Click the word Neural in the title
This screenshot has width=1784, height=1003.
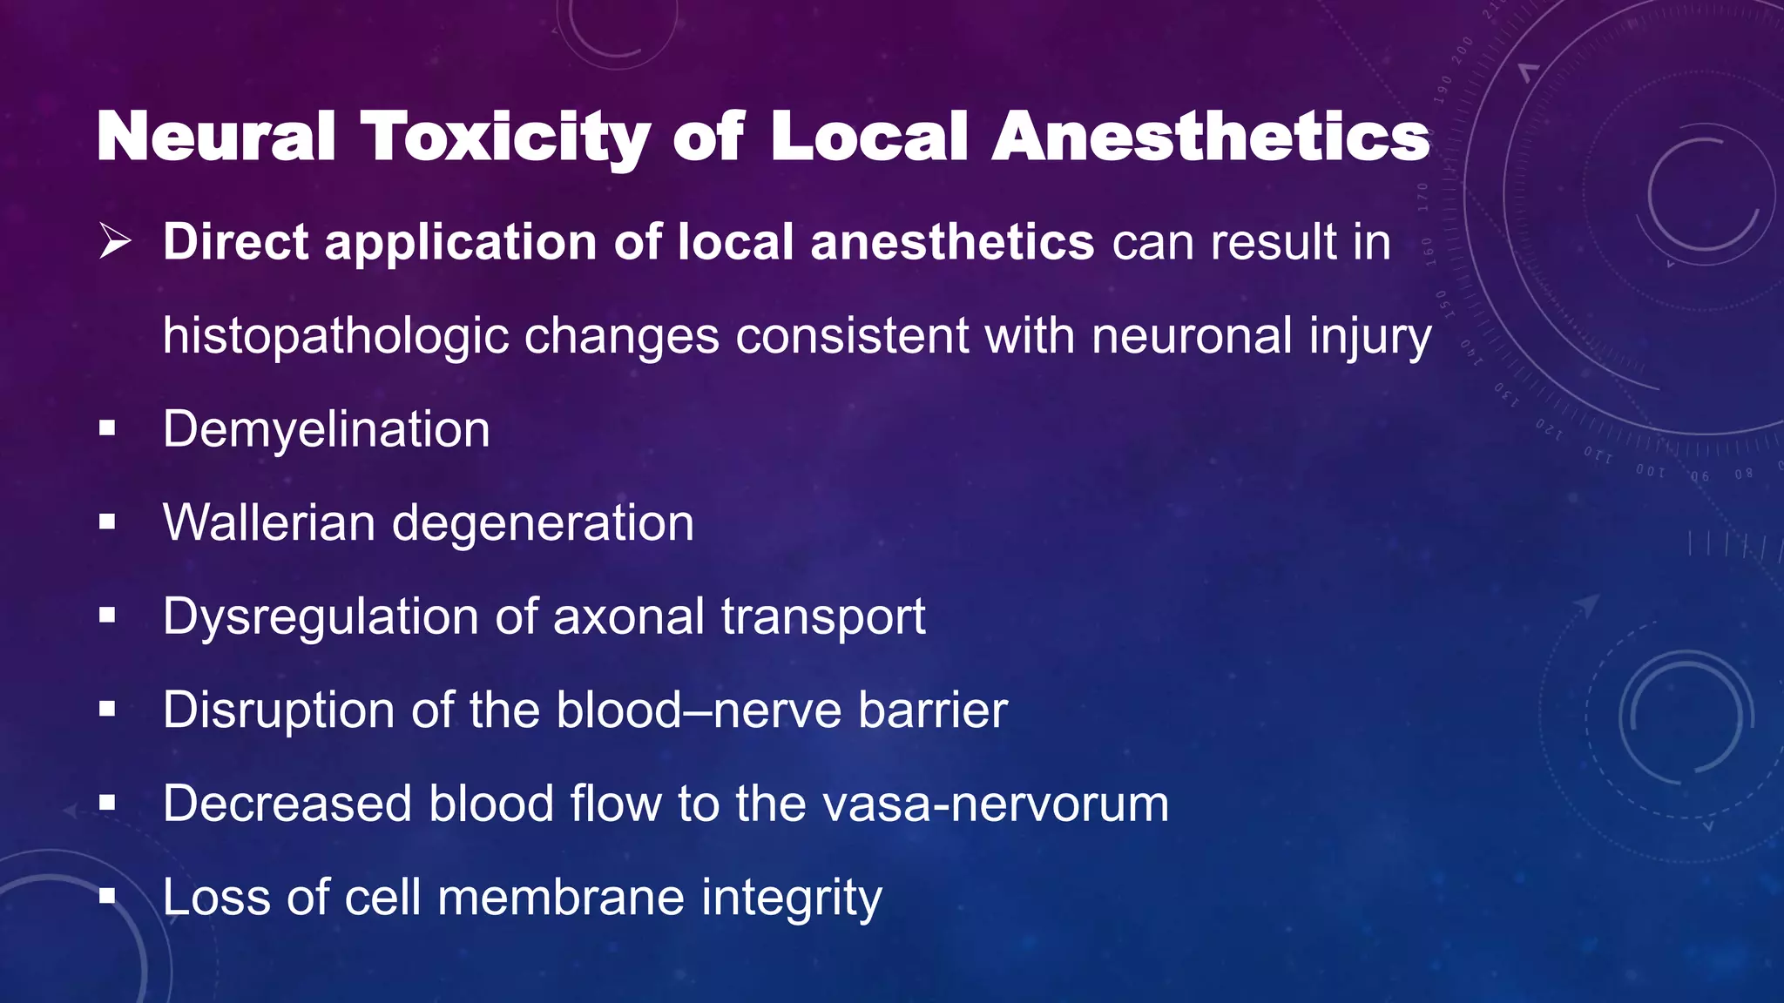click(216, 137)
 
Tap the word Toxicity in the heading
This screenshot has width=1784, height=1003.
click(505, 137)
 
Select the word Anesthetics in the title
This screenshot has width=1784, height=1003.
click(1211, 137)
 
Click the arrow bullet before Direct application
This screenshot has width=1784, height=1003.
click(115, 241)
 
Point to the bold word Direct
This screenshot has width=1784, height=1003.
click(236, 241)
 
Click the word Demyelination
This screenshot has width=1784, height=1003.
click(326, 429)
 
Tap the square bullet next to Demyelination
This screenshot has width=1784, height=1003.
click(107, 428)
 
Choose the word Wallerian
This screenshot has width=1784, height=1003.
click(269, 522)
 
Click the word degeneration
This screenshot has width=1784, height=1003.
click(543, 522)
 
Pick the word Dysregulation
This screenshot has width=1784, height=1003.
click(321, 616)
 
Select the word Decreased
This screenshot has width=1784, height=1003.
click(287, 803)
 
